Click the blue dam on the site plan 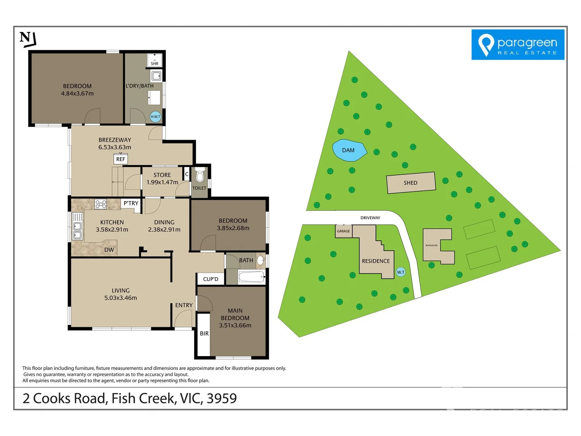click(x=349, y=150)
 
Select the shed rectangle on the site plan click(x=411, y=183)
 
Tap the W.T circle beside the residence click(x=400, y=272)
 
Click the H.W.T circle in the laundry click(x=155, y=117)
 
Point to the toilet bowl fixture click(x=199, y=176)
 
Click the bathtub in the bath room click(x=251, y=277)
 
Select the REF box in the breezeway click(x=121, y=159)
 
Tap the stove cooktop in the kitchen click(x=101, y=204)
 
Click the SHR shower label click(x=155, y=63)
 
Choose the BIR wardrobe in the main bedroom click(x=204, y=333)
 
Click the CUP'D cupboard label click(x=211, y=279)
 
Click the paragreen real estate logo click(x=518, y=45)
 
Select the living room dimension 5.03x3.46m click(x=121, y=298)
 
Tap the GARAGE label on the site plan click(x=343, y=231)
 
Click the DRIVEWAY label click(x=370, y=218)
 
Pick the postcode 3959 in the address click(x=222, y=398)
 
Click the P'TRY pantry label click(x=131, y=203)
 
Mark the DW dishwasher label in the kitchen click(x=109, y=250)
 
